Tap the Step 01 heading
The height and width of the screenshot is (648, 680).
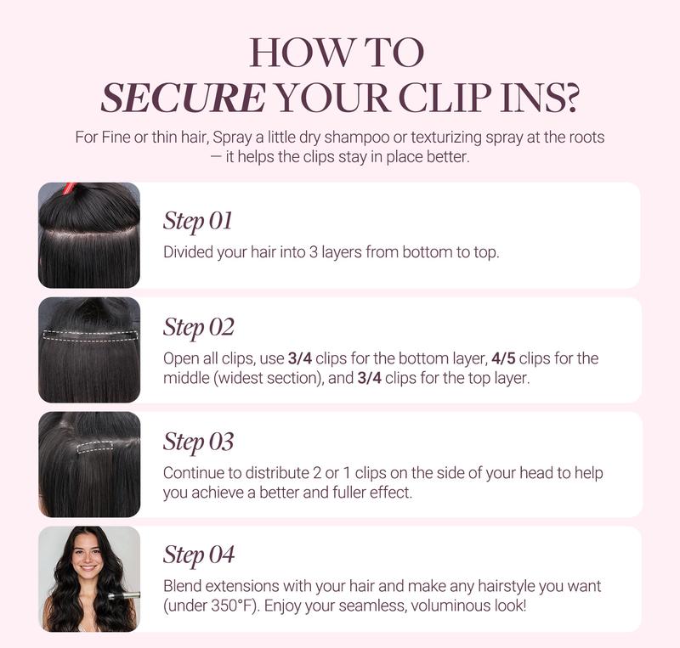coord(198,221)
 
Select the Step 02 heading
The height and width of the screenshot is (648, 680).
coord(199,327)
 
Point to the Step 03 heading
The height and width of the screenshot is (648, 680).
coord(199,442)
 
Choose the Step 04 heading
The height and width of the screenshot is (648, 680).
coord(199,555)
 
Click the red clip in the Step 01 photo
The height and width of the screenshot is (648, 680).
coord(70,189)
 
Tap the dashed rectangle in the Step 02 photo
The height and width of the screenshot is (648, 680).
coord(90,335)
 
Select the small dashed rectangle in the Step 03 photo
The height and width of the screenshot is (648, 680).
coord(95,447)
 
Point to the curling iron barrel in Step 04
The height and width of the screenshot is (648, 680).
coord(123,595)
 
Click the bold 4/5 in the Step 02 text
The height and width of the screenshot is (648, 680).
coord(503,358)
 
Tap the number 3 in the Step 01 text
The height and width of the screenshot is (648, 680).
coord(313,252)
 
